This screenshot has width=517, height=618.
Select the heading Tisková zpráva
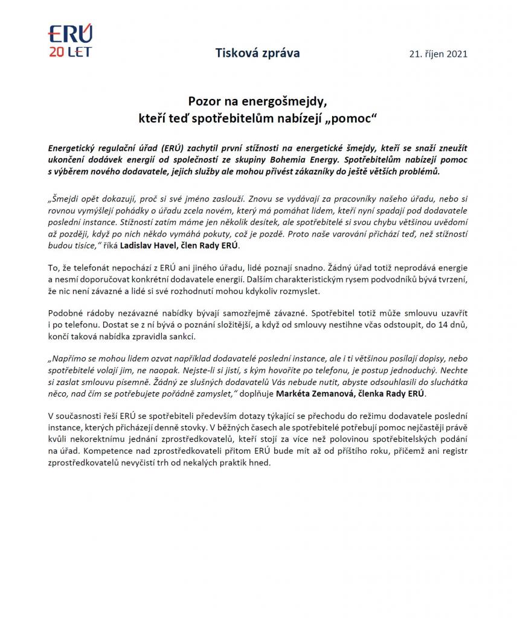[257, 53]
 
